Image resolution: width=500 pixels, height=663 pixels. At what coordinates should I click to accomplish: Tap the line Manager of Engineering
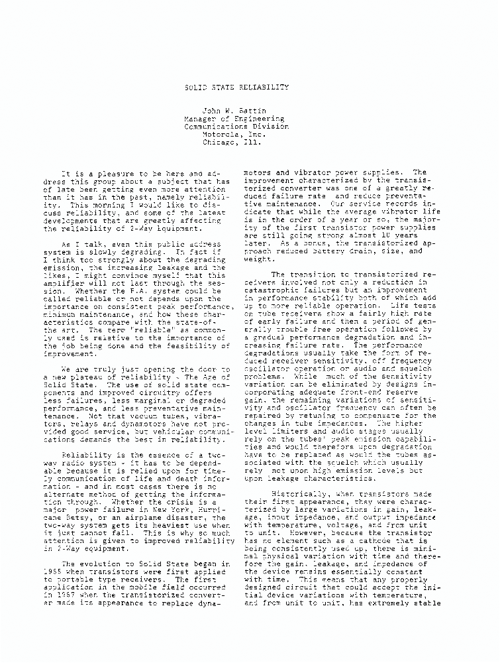[x=236, y=119]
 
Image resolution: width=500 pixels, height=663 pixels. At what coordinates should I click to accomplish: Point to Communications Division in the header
[x=236, y=126]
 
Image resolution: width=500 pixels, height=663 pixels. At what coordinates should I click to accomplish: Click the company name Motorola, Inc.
[x=234, y=133]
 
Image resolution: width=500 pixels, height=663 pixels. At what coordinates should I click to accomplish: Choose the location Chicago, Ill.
[x=236, y=141]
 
